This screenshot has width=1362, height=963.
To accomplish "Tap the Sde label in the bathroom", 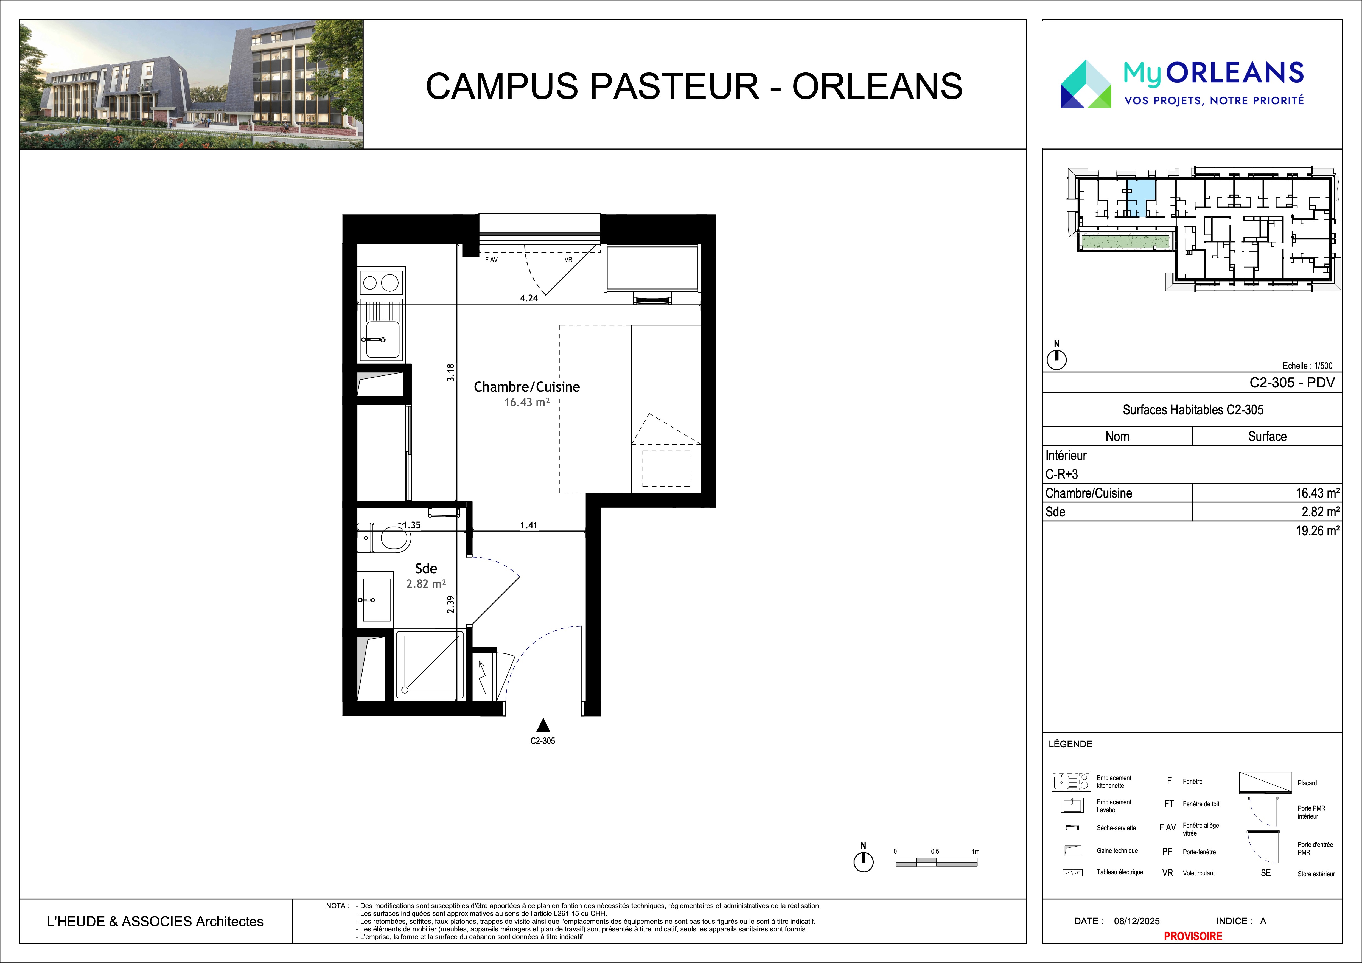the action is (426, 568).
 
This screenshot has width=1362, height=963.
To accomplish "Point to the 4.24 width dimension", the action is (529, 298).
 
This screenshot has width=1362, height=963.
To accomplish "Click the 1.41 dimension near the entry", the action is (529, 525).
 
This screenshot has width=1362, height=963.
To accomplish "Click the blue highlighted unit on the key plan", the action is (1146, 198).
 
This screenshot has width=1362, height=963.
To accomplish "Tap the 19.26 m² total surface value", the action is (1317, 531).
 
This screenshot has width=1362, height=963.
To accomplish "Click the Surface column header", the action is (1267, 436).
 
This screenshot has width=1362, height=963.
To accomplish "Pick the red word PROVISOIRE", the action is (1193, 936).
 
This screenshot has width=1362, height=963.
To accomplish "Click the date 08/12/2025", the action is (1137, 921).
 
